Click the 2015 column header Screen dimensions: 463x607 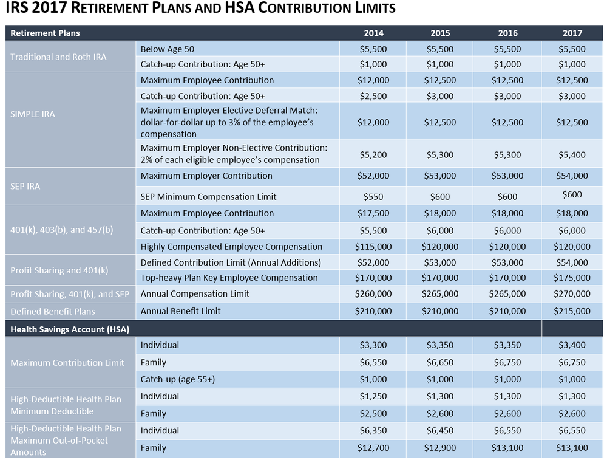pos(440,33)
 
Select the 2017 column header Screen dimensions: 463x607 pos(572,33)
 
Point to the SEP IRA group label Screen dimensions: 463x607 pos(25,186)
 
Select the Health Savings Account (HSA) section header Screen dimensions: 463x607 pos(70,329)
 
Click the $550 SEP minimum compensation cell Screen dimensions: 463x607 pos(373,196)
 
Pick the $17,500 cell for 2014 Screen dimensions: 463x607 pos(373,213)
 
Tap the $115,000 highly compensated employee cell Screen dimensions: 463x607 pos(373,247)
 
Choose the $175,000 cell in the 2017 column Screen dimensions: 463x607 pos(572,278)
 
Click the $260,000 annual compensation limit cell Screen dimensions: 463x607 pos(373,293)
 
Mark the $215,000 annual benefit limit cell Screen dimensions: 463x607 pos(572,311)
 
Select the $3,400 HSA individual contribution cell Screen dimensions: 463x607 pos(572,345)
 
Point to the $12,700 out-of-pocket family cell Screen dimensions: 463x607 pos(373,448)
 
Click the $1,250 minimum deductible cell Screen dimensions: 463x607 pos(373,396)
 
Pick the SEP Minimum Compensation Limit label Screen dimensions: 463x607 pos(208,196)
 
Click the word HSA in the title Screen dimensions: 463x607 pos(236,9)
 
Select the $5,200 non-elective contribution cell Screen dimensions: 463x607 pos(373,154)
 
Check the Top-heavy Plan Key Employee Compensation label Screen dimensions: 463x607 pos(229,278)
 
